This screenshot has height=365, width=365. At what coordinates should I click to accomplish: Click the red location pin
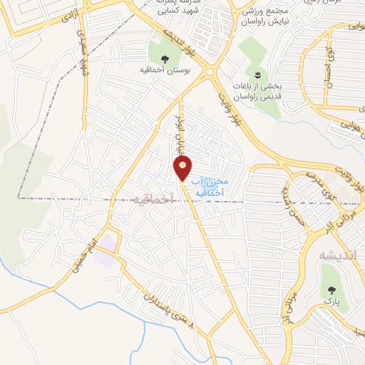coord(182,168)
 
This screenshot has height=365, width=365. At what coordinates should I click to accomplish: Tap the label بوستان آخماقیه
coord(164,71)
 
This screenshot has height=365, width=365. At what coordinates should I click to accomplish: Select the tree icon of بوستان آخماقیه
coord(165,58)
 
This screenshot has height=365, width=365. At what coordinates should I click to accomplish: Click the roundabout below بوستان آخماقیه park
coord(210,72)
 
